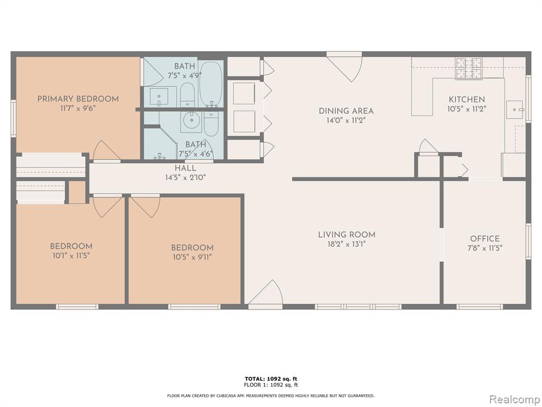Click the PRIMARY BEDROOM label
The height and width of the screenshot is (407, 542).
coord(78,99)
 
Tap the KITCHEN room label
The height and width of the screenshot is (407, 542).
coord(467,99)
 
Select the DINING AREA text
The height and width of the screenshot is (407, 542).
coord(346,111)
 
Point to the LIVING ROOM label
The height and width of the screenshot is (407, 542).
coord(347,235)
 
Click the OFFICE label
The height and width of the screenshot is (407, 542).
coord(485,239)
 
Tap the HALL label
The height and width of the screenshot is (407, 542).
coord(185,169)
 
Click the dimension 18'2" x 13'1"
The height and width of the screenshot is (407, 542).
coord(347,244)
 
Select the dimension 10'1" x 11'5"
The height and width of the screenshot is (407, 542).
coord(71,256)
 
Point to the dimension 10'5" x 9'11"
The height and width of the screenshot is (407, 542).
coord(192,257)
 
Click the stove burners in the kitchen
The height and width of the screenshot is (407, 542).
coord(469,68)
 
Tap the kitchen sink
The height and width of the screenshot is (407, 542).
coord(515,109)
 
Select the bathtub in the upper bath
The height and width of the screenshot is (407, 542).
coord(211,84)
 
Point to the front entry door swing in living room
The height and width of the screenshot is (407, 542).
coord(266,293)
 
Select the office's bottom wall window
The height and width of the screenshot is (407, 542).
coord(479,307)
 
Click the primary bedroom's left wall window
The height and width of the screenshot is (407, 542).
coord(13,118)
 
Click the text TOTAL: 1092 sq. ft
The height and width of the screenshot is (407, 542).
coord(271,379)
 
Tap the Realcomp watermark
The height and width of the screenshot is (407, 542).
coord(513,399)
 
